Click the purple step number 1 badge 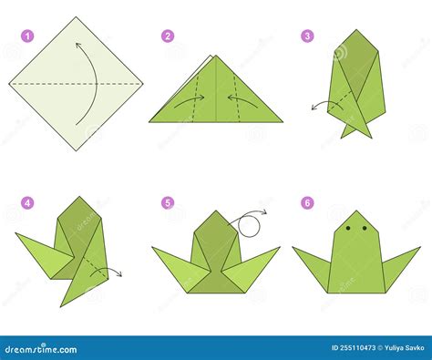point(27,37)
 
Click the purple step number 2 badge point(168,36)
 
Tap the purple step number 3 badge point(307,36)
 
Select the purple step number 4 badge point(27,202)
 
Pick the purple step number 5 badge point(168,202)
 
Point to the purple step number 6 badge point(307,202)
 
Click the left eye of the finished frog point(349,228)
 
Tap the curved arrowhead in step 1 point(78,43)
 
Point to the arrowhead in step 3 point(313,108)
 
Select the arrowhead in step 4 point(119,273)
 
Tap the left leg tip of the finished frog point(294,247)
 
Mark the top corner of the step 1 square point(76,17)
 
